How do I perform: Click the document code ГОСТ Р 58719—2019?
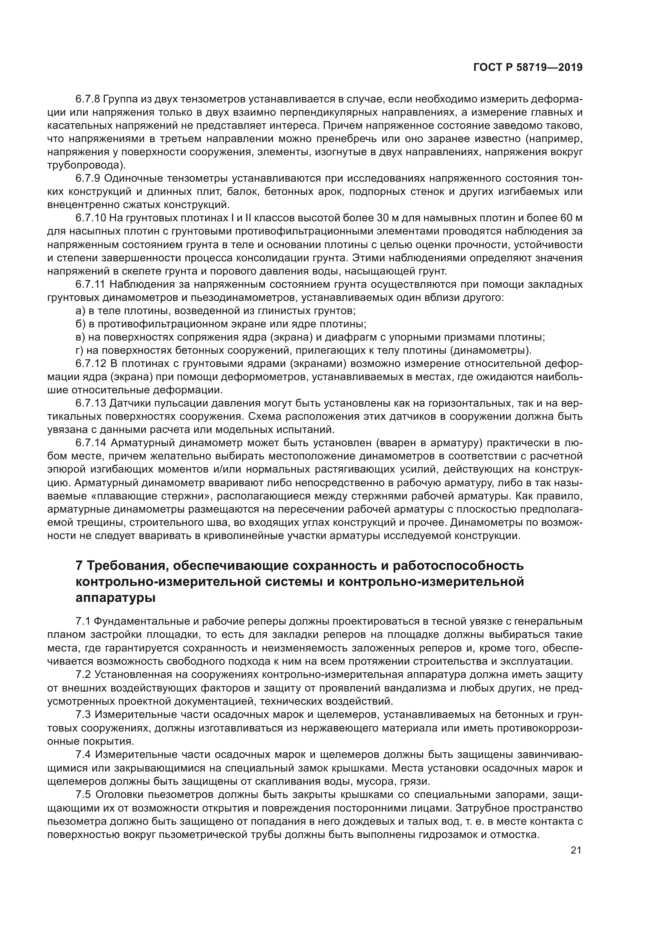528,67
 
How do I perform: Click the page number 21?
576,850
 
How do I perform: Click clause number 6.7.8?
88,99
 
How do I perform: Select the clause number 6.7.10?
90,218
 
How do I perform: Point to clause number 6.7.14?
90,443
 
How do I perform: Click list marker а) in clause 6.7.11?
80,311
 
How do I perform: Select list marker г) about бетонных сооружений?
80,350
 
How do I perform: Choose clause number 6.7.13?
90,403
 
